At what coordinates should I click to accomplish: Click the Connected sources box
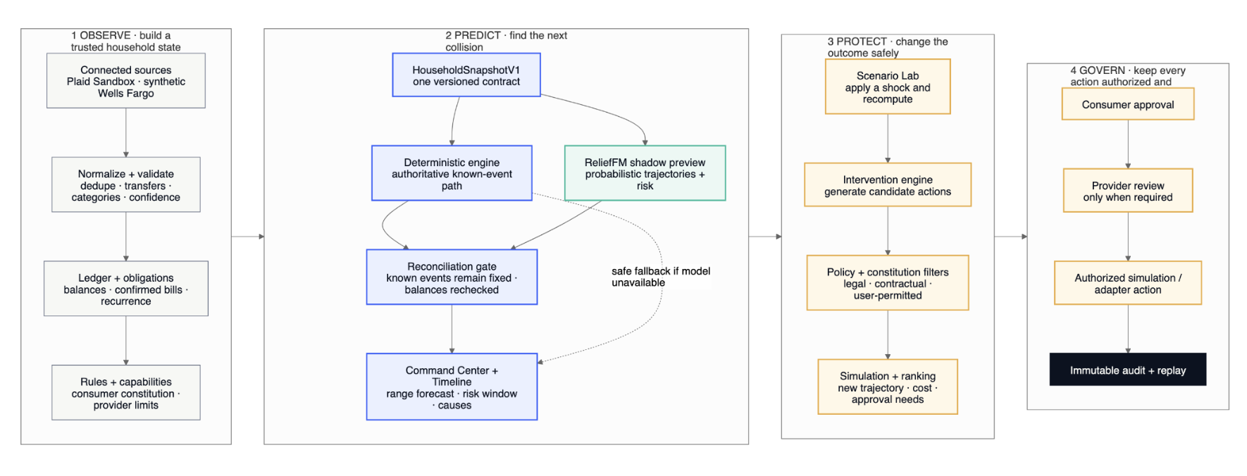tap(126, 81)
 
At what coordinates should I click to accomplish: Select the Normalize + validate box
tap(126, 184)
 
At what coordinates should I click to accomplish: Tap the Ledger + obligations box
tap(126, 289)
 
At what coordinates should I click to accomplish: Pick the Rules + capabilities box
tap(126, 392)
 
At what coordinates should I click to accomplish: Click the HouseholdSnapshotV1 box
tap(466, 75)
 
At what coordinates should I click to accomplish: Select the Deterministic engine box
tap(452, 173)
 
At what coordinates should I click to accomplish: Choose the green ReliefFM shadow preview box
tap(645, 173)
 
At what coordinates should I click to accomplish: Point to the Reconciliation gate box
tap(452, 277)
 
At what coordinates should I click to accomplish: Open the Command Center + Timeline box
tap(452, 387)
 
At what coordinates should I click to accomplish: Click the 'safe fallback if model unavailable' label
tap(661, 277)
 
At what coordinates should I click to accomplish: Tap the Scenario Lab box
tap(888, 87)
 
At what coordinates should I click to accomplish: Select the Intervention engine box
tap(888, 185)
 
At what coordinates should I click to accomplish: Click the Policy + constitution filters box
tap(888, 283)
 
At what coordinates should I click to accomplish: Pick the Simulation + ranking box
tap(888, 387)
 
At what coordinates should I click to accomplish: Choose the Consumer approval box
tap(1128, 104)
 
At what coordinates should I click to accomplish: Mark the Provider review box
tap(1128, 191)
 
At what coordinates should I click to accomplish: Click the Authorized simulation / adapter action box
tap(1128, 283)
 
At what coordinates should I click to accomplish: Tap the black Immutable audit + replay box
tap(1128, 370)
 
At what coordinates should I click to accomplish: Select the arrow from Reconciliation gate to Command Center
tap(452, 329)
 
